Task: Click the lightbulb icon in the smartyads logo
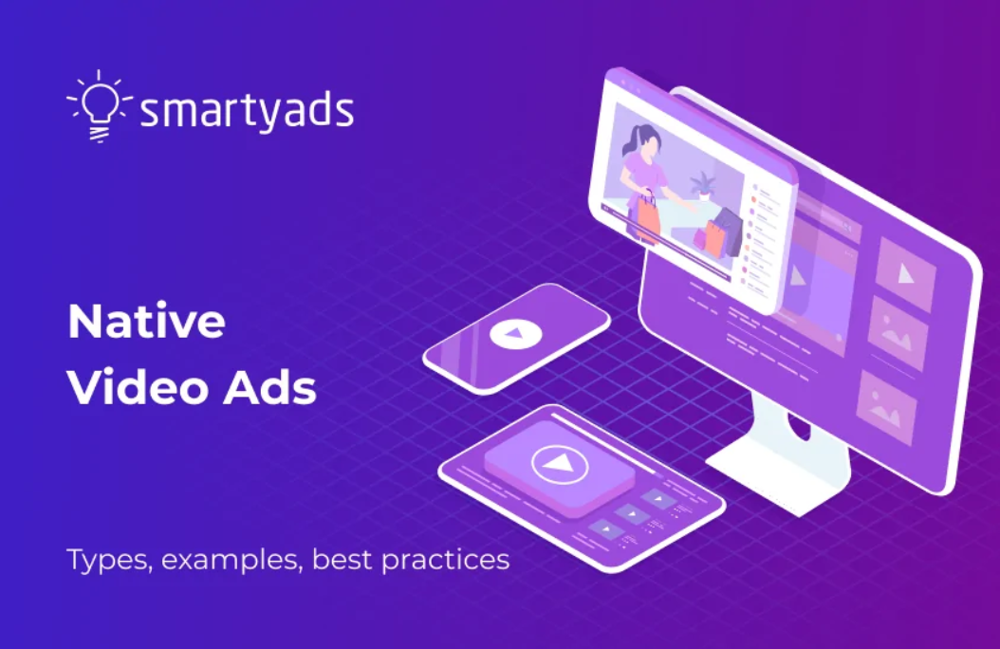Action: tap(99, 106)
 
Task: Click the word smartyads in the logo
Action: tap(247, 111)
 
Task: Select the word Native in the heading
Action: tap(146, 323)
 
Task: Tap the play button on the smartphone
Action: tap(513, 334)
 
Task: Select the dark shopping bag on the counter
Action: tap(726, 231)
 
